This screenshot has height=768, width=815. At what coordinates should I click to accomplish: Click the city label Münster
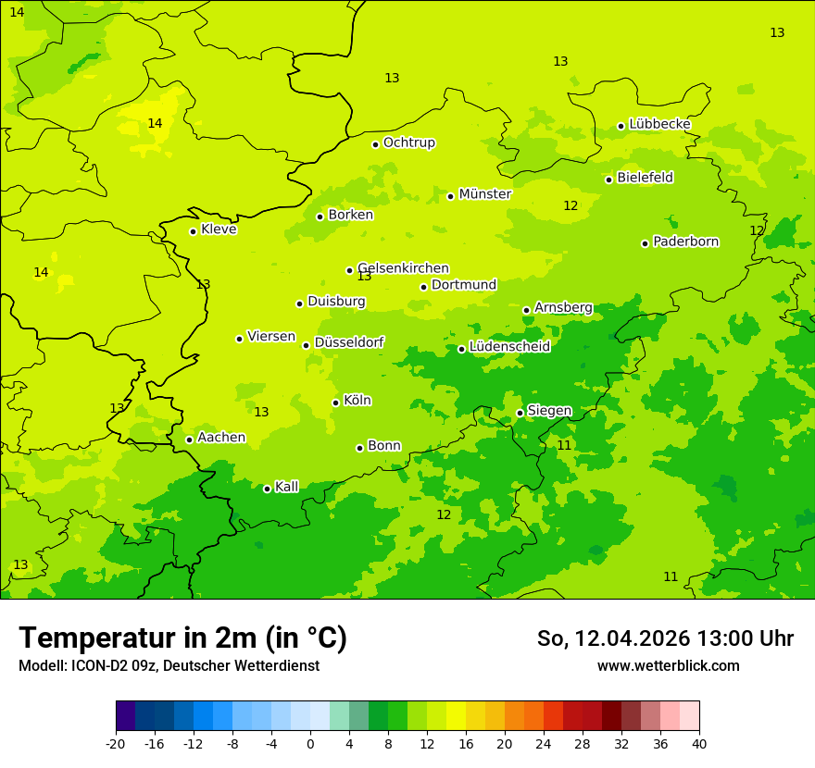484,194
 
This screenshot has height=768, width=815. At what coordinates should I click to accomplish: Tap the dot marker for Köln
335,403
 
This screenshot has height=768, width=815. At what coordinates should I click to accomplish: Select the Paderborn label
685,242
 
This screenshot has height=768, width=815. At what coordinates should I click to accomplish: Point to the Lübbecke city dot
621,126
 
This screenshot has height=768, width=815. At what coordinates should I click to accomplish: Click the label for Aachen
221,438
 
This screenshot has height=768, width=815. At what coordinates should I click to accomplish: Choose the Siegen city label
549,411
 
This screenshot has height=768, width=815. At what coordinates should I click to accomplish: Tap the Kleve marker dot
193,231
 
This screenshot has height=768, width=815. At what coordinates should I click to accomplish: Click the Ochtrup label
408,142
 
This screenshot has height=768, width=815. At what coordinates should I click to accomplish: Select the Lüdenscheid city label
509,347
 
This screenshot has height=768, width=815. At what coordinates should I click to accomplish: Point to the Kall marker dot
267,489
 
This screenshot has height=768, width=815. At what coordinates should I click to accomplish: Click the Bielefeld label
645,178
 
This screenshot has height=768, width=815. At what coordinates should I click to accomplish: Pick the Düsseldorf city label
349,342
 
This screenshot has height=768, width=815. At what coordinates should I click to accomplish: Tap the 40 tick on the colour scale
698,743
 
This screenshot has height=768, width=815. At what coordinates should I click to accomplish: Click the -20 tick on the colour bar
116,743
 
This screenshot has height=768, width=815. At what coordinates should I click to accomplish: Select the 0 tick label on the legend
310,743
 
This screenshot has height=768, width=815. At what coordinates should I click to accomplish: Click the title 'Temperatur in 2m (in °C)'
182,638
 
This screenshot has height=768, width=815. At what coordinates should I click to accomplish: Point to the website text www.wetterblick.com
668,665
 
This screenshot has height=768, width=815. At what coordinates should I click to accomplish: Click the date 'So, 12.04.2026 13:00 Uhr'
665,638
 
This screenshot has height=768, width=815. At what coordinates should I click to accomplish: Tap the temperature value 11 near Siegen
564,445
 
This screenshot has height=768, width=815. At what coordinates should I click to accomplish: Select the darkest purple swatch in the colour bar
125,716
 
